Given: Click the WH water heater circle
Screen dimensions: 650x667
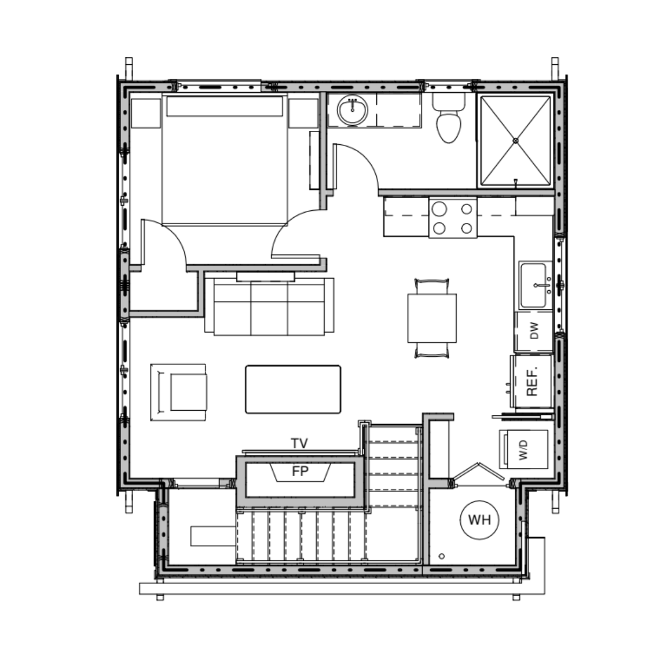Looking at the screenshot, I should (479, 520).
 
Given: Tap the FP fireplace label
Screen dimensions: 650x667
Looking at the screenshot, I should (300, 472).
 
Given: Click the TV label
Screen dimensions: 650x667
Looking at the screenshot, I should (299, 444).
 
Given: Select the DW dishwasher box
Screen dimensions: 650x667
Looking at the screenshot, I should (534, 331).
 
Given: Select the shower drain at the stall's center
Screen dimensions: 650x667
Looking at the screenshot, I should (515, 140).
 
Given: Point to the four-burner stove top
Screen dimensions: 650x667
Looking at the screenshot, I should (453, 217).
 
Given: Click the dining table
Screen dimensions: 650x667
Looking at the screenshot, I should (432, 318).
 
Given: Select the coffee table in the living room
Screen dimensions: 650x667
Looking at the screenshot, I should (293, 389).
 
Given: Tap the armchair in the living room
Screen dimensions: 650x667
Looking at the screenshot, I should (179, 392).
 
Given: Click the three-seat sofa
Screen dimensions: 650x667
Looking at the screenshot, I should (269, 306).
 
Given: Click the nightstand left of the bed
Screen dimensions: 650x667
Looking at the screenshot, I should (145, 112).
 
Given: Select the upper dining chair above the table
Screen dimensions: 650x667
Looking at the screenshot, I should (432, 286).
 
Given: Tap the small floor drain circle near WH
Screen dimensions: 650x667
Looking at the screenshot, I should (442, 556).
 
